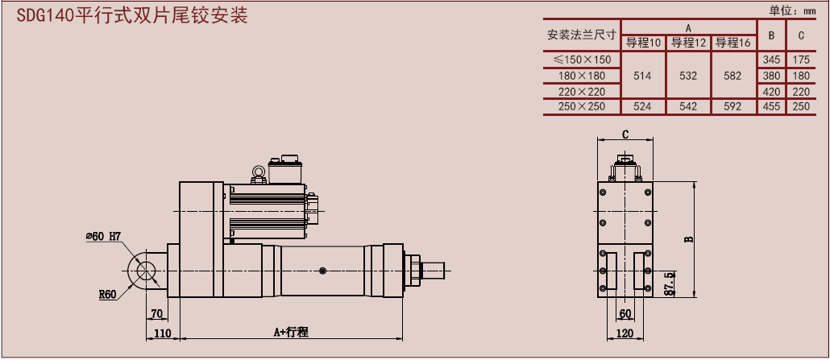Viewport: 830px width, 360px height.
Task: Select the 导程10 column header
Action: (643, 43)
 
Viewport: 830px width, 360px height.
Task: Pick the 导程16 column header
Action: (732, 43)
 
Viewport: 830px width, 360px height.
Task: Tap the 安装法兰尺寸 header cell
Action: (582, 35)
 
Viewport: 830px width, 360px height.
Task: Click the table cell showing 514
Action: (643, 76)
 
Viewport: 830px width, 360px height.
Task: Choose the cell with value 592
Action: (732, 106)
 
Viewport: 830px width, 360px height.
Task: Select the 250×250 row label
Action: (582, 106)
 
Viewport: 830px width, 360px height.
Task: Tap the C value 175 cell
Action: (801, 60)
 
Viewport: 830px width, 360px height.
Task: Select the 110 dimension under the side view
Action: (163, 332)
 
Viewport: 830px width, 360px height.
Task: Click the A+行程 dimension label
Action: (291, 332)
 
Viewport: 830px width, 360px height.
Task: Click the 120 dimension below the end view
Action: (625, 332)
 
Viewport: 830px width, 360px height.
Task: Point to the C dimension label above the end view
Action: (625, 134)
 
